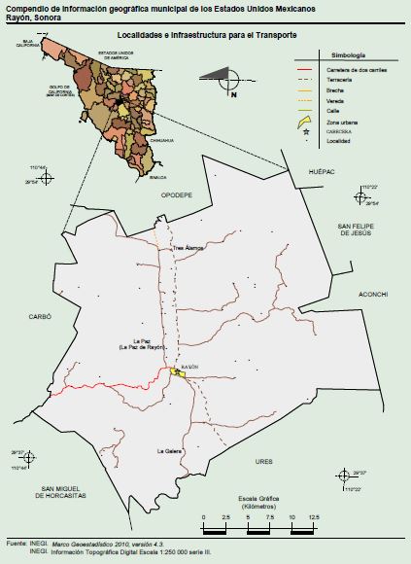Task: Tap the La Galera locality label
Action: (170, 452)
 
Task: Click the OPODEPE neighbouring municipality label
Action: (176, 194)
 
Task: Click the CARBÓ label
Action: (39, 317)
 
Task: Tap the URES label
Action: (264, 461)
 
